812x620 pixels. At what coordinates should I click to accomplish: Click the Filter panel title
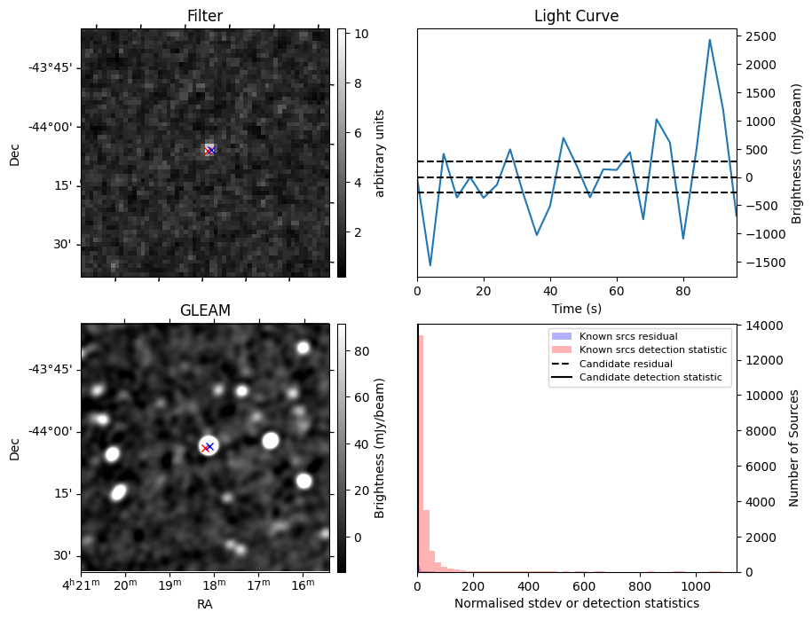pyautogui.click(x=204, y=16)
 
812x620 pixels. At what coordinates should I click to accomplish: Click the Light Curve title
pyautogui.click(x=576, y=16)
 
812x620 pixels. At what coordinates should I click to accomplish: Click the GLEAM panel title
pyautogui.click(x=204, y=310)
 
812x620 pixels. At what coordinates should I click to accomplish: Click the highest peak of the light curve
pyautogui.click(x=710, y=40)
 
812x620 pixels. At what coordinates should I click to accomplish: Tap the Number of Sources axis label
pyautogui.click(x=794, y=448)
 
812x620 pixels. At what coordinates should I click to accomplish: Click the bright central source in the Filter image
pyautogui.click(x=209, y=150)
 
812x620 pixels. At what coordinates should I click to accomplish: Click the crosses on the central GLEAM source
pyautogui.click(x=208, y=447)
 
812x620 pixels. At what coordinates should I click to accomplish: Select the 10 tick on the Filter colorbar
pyautogui.click(x=359, y=34)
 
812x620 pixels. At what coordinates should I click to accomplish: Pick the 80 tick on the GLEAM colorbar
pyautogui.click(x=359, y=351)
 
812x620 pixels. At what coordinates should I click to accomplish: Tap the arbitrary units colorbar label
pyautogui.click(x=380, y=153)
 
